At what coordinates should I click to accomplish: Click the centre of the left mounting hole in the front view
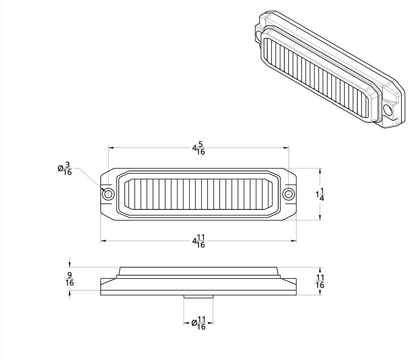pos(108,194)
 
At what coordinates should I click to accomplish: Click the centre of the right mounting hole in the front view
pos(288,194)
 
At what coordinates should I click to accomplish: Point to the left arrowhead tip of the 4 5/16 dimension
pos(108,148)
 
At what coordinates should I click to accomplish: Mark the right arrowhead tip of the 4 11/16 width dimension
pos(296,241)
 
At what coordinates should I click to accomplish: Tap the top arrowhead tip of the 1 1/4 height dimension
pos(320,168)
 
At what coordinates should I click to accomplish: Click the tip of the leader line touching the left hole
pos(105,191)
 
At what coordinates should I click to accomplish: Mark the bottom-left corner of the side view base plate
pos(101,295)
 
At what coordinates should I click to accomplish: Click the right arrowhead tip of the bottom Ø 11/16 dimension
pos(213,323)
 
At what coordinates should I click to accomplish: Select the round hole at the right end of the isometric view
pos(387,109)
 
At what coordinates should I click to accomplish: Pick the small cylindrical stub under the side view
pos(198,297)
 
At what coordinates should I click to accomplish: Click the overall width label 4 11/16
pos(198,241)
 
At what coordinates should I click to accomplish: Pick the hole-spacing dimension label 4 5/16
pos(198,148)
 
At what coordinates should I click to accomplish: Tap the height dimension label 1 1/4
pos(320,195)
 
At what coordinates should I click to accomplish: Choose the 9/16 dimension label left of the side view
pos(70,279)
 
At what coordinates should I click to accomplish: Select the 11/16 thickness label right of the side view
pos(320,281)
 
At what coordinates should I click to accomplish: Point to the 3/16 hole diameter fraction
pos(68,168)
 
